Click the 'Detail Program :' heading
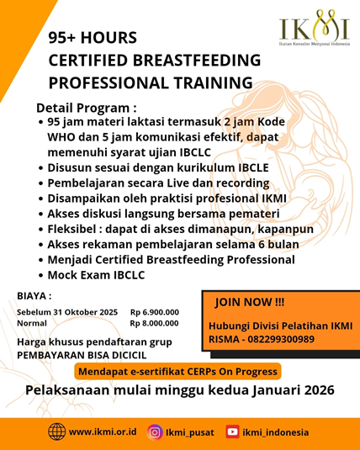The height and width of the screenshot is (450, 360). click(x=86, y=108)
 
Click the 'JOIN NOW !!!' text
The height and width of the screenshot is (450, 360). click(x=250, y=302)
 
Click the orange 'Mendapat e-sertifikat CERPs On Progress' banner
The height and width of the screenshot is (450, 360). click(x=177, y=371)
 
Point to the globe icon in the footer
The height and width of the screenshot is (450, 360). click(x=56, y=431)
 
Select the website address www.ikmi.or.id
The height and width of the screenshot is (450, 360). click(x=103, y=432)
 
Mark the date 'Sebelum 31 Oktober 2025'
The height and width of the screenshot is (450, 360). click(x=67, y=311)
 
